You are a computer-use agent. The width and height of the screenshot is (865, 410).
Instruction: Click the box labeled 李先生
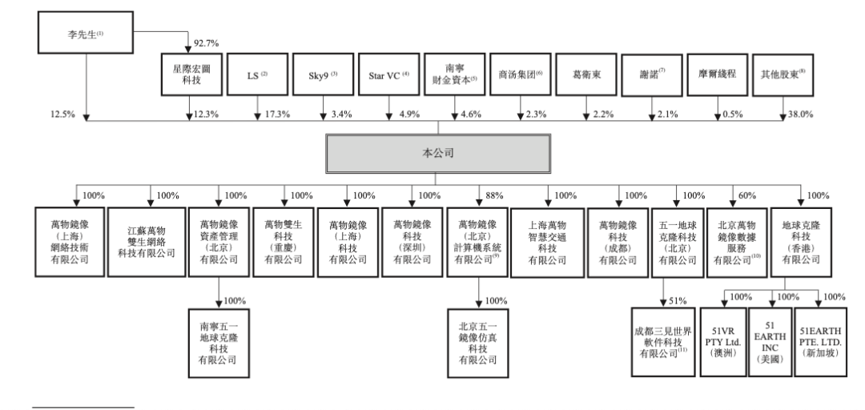(x=74, y=35)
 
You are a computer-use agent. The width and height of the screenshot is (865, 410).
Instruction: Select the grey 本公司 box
(x=437, y=153)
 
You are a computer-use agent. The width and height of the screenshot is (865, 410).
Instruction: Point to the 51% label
(x=678, y=301)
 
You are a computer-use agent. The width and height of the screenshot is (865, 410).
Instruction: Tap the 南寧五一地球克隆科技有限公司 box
(x=219, y=344)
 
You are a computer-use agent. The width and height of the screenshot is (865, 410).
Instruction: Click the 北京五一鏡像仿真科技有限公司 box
(x=478, y=344)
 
